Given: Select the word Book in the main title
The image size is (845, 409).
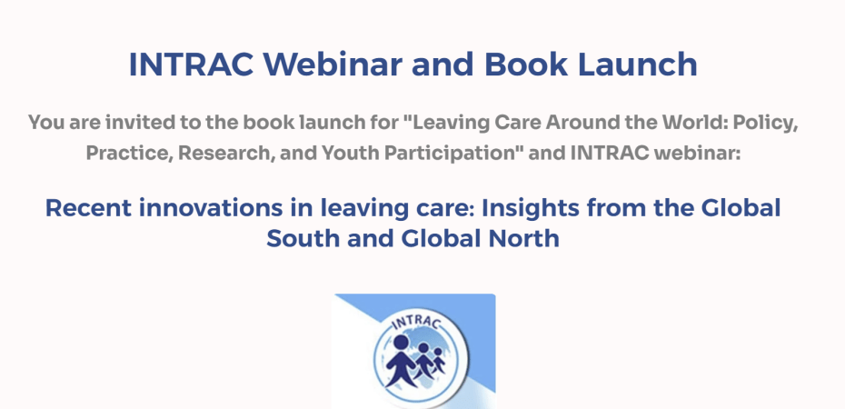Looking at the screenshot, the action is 526,65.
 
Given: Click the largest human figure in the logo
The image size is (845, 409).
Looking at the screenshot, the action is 401,361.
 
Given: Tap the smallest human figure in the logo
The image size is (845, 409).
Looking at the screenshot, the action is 439,360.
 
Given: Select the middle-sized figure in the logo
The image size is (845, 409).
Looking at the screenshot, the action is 424,359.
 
